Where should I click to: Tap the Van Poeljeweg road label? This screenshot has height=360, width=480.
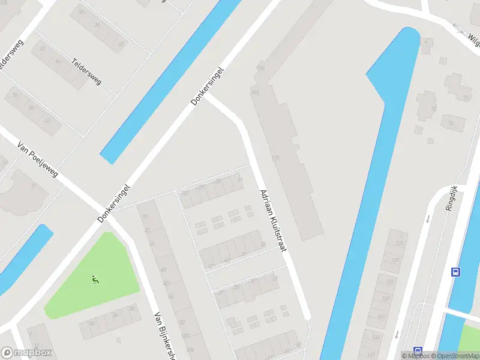tap(38, 160)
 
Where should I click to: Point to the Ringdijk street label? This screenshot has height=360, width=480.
tap(452, 198)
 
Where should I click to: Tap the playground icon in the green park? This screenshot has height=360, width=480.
tap(95, 280)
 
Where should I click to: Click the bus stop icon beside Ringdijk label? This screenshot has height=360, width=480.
tap(455, 272)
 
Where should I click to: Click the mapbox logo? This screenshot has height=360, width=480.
tap(26, 353)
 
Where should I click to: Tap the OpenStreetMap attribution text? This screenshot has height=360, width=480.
tap(457, 356)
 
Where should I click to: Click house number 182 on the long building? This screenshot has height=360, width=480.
tap(260, 68)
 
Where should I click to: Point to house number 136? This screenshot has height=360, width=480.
tap(275, 158)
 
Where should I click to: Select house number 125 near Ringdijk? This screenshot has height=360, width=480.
tap(400, 244)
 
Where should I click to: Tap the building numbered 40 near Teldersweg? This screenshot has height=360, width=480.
tap(121, 43)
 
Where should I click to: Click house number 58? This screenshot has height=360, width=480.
tap(31, 108)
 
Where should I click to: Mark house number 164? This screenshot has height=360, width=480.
tap(255, 92)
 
